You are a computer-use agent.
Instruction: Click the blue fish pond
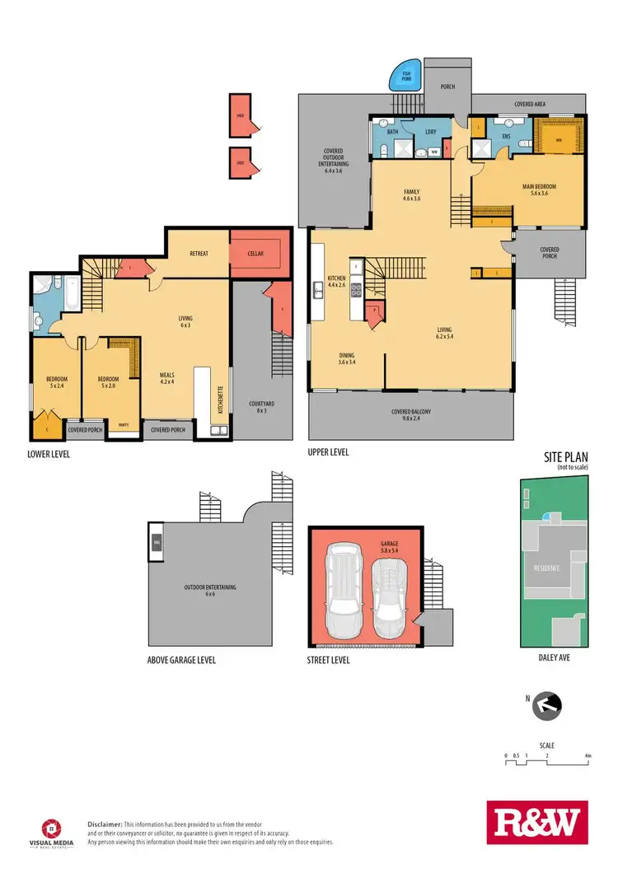point(405,78)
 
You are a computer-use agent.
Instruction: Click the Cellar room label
point(255,254)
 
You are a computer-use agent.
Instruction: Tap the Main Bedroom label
point(540,187)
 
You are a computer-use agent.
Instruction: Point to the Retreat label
point(198,254)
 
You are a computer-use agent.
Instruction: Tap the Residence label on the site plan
point(548,568)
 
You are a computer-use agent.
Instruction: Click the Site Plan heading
point(567,456)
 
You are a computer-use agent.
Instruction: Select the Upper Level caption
point(329,452)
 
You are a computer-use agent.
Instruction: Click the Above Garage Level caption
point(186,660)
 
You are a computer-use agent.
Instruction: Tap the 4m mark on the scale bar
point(588,755)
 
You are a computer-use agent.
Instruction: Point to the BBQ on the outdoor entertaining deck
point(157,542)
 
